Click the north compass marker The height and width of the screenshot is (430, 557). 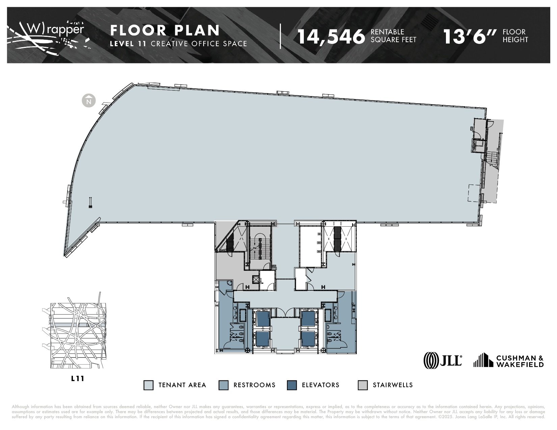pos(89,101)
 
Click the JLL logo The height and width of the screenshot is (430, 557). pos(443,360)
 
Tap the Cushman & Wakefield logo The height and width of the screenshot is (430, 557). pos(508,361)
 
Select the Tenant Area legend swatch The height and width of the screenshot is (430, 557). pos(148,385)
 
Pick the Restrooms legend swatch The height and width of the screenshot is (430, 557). pos(223,385)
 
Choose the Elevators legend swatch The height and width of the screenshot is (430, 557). pos(292,385)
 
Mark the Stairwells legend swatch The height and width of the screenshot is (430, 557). pos(363,385)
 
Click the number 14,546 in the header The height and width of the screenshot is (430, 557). pos(331,36)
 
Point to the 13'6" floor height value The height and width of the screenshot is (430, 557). pos(470,36)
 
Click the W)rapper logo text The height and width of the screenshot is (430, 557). pos(56,30)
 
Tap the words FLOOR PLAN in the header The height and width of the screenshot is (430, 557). pos(165,30)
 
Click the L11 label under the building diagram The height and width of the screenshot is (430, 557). pos(78,378)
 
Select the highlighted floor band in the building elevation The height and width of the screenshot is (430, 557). pos(71,325)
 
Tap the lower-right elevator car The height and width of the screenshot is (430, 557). pos(308,339)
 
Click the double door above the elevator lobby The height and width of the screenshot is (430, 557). pos(285,313)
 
